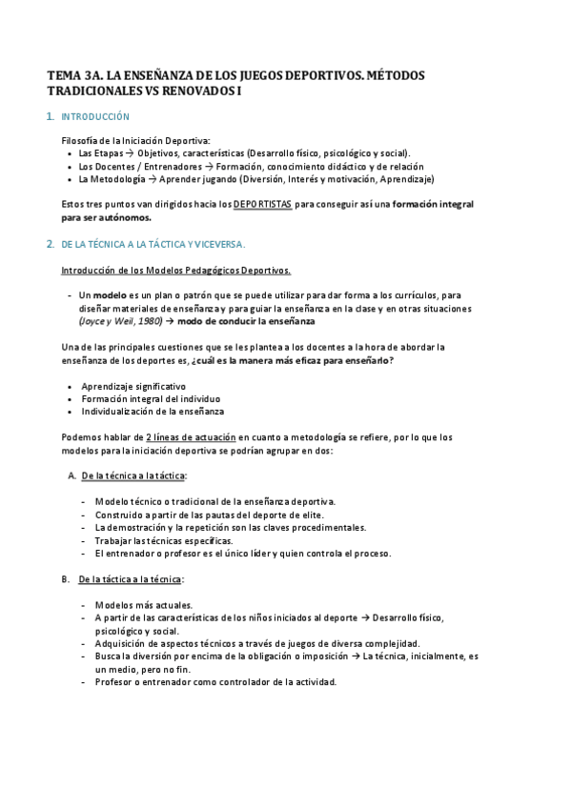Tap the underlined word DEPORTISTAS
(x=262, y=204)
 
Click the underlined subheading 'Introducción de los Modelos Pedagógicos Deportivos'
(x=176, y=270)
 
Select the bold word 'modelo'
(x=109, y=295)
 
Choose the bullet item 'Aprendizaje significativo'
(x=133, y=386)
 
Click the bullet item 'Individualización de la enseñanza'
(x=153, y=412)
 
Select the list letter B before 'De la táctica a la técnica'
(x=66, y=579)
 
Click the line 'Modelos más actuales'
(x=143, y=605)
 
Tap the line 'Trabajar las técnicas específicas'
(x=164, y=540)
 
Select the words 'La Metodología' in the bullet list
(x=112, y=178)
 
